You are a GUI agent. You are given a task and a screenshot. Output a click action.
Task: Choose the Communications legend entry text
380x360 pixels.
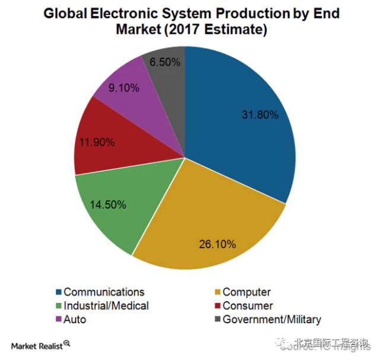104,292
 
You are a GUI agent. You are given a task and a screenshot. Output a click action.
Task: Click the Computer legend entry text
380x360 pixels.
246,292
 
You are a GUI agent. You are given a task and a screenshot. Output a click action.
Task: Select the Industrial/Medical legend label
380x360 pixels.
106,305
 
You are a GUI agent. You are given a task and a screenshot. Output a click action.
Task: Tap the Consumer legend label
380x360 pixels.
248,305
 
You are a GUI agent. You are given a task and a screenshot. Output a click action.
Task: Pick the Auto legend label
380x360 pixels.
75,319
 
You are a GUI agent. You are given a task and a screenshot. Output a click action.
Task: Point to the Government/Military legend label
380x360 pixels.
272,319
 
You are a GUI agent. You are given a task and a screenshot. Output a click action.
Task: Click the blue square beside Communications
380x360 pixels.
58,292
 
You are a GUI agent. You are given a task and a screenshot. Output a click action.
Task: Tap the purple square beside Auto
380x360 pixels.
58,320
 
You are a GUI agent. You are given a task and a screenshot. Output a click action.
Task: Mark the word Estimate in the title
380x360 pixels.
232,29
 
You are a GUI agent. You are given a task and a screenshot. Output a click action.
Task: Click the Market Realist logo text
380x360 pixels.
36,345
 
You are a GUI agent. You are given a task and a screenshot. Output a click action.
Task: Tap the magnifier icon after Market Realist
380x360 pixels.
67,343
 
